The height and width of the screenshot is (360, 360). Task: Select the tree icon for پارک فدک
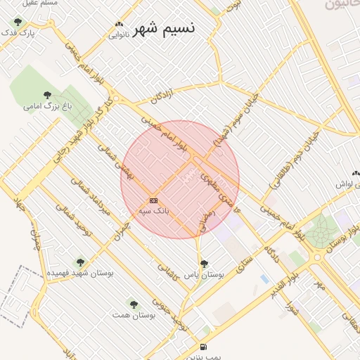tap(18, 22)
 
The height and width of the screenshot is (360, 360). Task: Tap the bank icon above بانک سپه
tap(154, 201)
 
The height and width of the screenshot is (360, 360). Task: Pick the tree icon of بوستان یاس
tap(204, 264)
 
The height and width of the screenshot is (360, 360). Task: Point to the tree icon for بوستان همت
tap(134, 304)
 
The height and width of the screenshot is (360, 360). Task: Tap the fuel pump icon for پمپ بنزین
tap(204, 346)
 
